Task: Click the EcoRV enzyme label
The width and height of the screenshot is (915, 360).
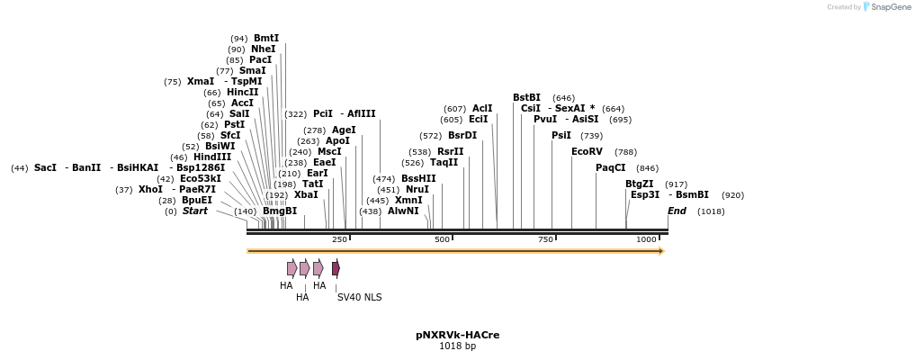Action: [x=587, y=151]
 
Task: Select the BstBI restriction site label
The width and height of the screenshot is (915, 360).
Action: [x=526, y=97]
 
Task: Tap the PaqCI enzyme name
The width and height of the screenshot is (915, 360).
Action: [x=610, y=167]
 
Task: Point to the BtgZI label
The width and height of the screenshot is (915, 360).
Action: [x=639, y=184]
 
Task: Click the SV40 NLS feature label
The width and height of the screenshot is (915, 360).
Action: [x=359, y=296]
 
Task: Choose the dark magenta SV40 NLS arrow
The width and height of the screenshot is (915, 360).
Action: [x=336, y=268]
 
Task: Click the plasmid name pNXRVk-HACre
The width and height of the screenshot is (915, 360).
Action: [x=457, y=335]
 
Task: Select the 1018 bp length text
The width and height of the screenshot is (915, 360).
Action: [x=457, y=346]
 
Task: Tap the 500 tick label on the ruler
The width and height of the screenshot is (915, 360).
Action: [x=442, y=239]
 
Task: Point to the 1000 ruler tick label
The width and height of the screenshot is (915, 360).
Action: [x=646, y=239]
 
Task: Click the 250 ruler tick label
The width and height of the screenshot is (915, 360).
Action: [x=339, y=239]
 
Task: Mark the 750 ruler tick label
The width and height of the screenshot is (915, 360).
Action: [x=545, y=239]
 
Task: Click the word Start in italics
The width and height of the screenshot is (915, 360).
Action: [x=195, y=211]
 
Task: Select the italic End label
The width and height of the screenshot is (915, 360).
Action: [x=677, y=211]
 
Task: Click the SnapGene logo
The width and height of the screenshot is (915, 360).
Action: [x=885, y=7]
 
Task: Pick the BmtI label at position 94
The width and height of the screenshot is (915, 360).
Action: [x=266, y=38]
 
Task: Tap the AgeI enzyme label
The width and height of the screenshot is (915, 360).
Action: [x=344, y=130]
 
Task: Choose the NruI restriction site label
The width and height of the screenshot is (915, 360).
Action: [x=417, y=189]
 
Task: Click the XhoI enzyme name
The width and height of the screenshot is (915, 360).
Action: [x=150, y=189]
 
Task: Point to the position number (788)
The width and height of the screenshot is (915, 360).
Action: [x=625, y=152]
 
